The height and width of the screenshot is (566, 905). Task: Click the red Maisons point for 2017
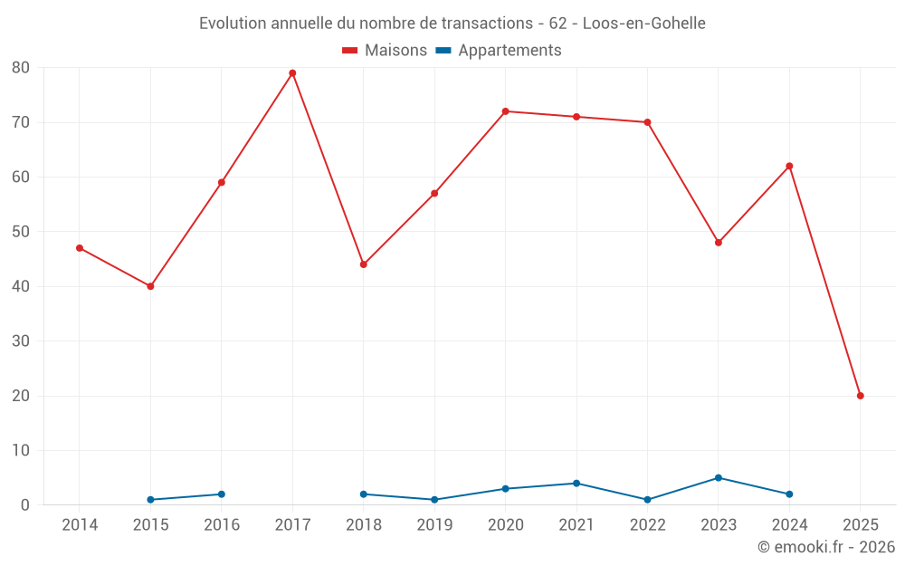pyautogui.click(x=292, y=73)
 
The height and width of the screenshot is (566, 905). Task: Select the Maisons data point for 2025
pyautogui.click(x=860, y=396)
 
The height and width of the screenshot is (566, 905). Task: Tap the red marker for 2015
pyautogui.click(x=150, y=286)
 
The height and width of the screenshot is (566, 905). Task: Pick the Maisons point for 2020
pyautogui.click(x=505, y=111)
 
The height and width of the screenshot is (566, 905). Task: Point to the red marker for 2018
pyautogui.click(x=363, y=264)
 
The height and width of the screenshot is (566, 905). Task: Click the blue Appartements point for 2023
pyautogui.click(x=718, y=478)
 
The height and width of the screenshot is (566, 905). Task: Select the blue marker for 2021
pyautogui.click(x=576, y=484)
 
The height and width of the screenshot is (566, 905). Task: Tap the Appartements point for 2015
pyautogui.click(x=150, y=500)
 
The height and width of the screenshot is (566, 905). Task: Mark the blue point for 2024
pyautogui.click(x=789, y=494)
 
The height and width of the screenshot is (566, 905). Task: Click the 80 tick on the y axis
pyautogui.click(x=21, y=68)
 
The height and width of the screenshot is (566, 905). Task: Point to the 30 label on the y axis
pyautogui.click(x=21, y=341)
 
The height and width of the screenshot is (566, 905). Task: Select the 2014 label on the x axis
pyautogui.click(x=80, y=525)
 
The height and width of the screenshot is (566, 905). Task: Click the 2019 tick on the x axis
pyautogui.click(x=434, y=525)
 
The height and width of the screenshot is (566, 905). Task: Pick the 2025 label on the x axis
pyautogui.click(x=860, y=525)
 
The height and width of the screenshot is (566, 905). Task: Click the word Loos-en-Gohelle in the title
pyautogui.click(x=643, y=23)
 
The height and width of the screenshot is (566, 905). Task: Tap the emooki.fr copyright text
pyautogui.click(x=826, y=547)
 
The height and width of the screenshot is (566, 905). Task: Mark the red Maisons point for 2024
pyautogui.click(x=789, y=166)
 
